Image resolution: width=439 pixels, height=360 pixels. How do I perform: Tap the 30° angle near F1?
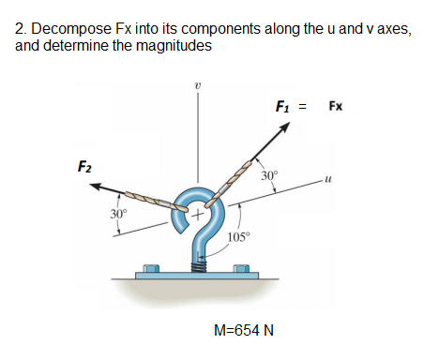269,175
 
